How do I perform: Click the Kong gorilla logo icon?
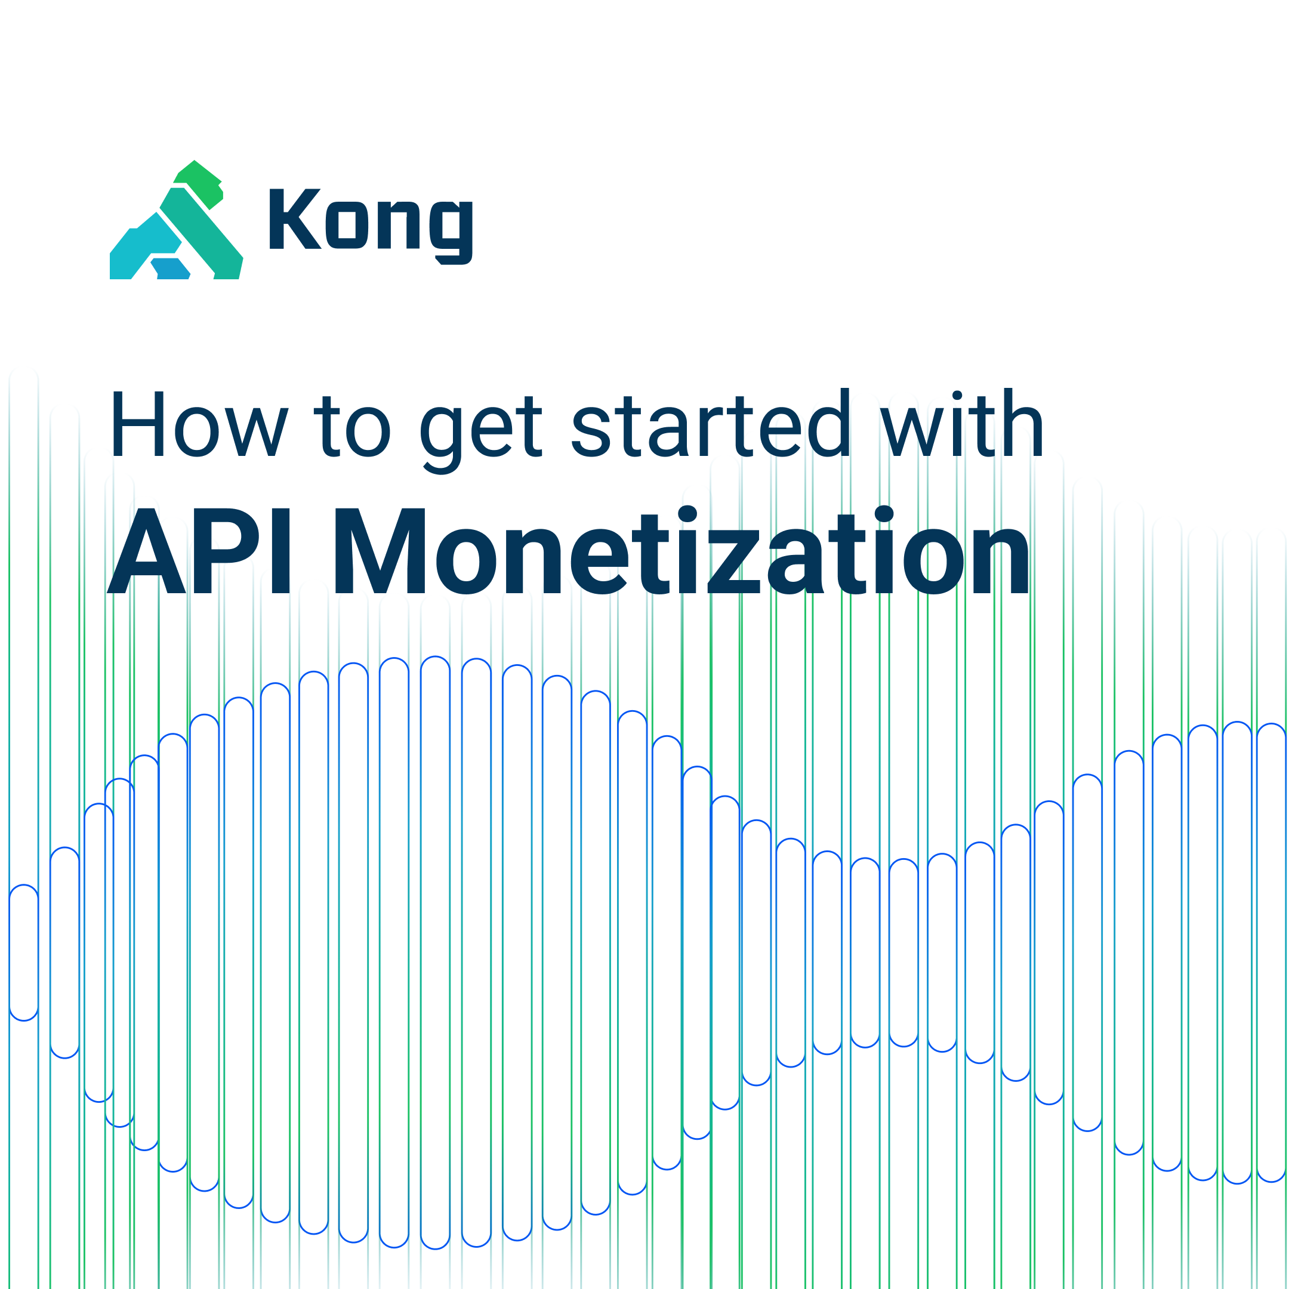pos(176,224)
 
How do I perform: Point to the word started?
pos(711,424)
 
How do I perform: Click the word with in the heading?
pos(961,424)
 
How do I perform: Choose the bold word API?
pos(200,551)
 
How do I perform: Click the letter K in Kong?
pos(294,219)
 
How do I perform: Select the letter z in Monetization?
pos(733,561)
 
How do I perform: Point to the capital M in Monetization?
pos(379,551)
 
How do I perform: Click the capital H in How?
pos(138,424)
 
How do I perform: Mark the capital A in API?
pos(147,551)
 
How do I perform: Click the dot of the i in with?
pos(957,396)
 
